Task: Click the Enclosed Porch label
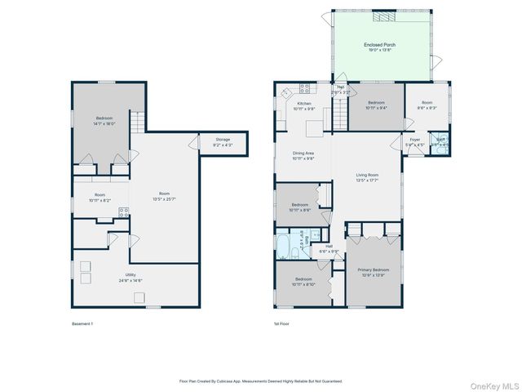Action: coord(379,47)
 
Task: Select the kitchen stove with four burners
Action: coord(305,88)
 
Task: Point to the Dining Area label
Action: coord(303,155)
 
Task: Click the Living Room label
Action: coord(368,177)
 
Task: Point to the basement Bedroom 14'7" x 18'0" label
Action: coord(104,120)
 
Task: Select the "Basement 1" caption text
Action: coord(82,324)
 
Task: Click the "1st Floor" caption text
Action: coord(282,324)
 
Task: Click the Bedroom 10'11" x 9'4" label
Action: coord(376,106)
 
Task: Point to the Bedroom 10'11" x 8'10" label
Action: coord(299,282)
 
